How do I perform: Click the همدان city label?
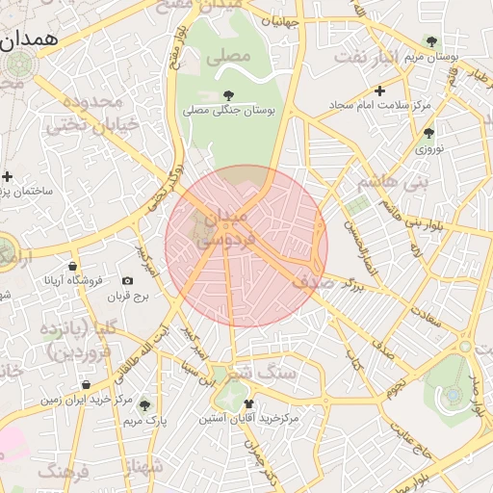[x=29, y=39]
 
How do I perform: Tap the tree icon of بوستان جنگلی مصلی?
[x=228, y=95]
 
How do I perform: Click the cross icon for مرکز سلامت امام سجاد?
[x=380, y=91]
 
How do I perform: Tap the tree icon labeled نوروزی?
[x=428, y=133]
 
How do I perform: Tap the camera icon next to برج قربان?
[x=127, y=281]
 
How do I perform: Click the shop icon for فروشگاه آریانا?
[x=73, y=267]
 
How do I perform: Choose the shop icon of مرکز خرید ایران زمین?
[x=87, y=384]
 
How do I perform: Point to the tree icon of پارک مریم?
[x=144, y=405]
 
